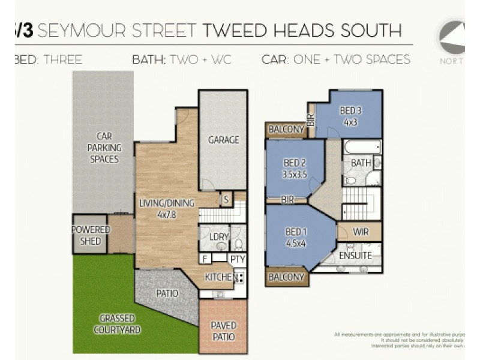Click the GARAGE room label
(x=223, y=140)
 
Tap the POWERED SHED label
(x=91, y=235)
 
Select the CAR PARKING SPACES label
(x=104, y=148)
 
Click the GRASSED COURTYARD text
(x=117, y=324)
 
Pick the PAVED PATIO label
(x=223, y=331)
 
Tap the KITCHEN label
(x=218, y=277)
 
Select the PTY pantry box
(x=238, y=259)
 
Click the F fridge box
(x=205, y=259)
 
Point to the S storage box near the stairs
(x=226, y=199)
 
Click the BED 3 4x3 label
(x=350, y=115)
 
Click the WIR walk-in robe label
(x=361, y=231)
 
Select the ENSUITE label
(x=355, y=256)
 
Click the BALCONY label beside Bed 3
(x=286, y=130)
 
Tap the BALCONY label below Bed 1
(x=286, y=277)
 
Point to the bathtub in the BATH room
(x=362, y=147)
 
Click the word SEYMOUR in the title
(x=117, y=30)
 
